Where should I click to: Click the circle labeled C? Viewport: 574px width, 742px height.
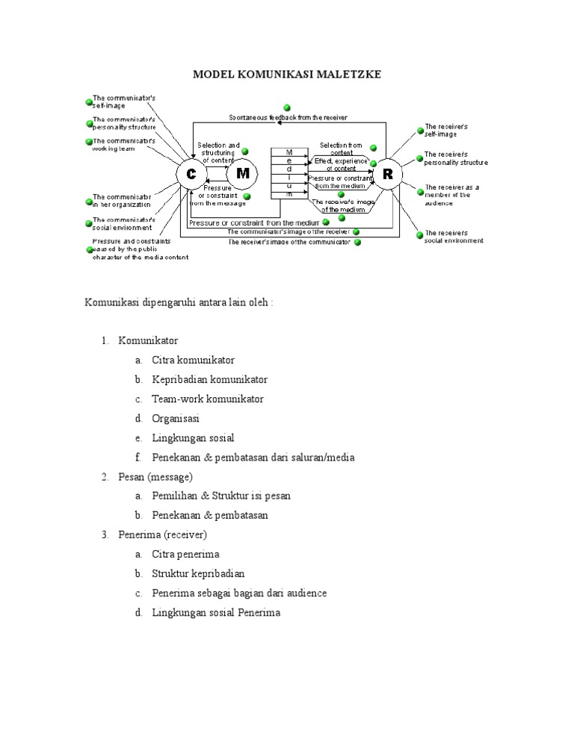click(x=191, y=174)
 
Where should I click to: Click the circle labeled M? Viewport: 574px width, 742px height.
click(x=243, y=174)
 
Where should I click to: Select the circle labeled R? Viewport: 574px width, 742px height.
click(x=387, y=174)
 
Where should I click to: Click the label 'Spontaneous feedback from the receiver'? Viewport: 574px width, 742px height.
click(x=288, y=117)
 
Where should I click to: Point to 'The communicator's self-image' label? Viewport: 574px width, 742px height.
click(x=123, y=102)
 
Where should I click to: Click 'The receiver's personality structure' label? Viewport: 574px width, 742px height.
click(x=456, y=158)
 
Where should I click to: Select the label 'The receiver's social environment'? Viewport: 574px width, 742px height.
click(x=454, y=237)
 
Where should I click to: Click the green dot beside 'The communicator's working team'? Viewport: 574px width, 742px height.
click(x=89, y=142)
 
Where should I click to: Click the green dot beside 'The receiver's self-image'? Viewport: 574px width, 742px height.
click(x=419, y=128)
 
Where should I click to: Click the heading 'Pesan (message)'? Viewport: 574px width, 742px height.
click(x=155, y=476)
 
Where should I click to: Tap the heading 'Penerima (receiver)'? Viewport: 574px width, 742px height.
click(x=162, y=534)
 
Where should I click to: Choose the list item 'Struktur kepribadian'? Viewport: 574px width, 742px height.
click(x=198, y=573)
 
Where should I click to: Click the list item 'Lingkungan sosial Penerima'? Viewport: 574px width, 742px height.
click(x=216, y=613)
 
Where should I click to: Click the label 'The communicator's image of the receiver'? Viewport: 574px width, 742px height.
click(x=287, y=232)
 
